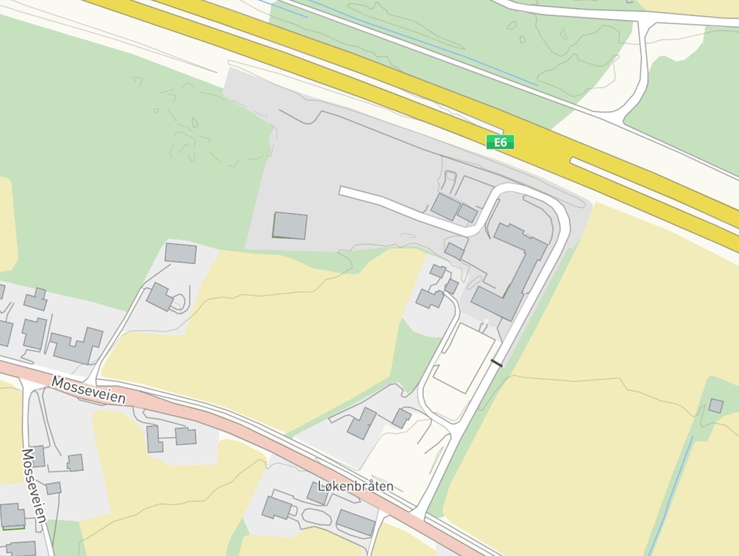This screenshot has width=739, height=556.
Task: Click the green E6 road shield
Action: pos(500,142)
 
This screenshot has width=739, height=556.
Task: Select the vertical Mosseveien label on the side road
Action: pos(34,485)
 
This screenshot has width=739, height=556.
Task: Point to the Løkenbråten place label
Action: pos(356,486)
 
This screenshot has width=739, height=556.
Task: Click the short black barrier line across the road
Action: pos(497,363)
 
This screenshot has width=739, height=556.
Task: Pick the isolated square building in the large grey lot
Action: pos(290,225)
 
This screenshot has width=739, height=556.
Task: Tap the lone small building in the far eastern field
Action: pos(716,406)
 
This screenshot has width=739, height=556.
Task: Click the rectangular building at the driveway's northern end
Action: pos(181,253)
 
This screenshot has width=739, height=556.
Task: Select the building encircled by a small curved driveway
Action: pos(160,297)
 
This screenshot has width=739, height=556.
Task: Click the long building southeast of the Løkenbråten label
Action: pos(356,522)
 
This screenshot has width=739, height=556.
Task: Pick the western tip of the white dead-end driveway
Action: pos(342,191)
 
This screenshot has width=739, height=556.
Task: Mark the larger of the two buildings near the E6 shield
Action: pos(445,206)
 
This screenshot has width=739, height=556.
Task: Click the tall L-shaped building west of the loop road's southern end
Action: pos(362,423)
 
